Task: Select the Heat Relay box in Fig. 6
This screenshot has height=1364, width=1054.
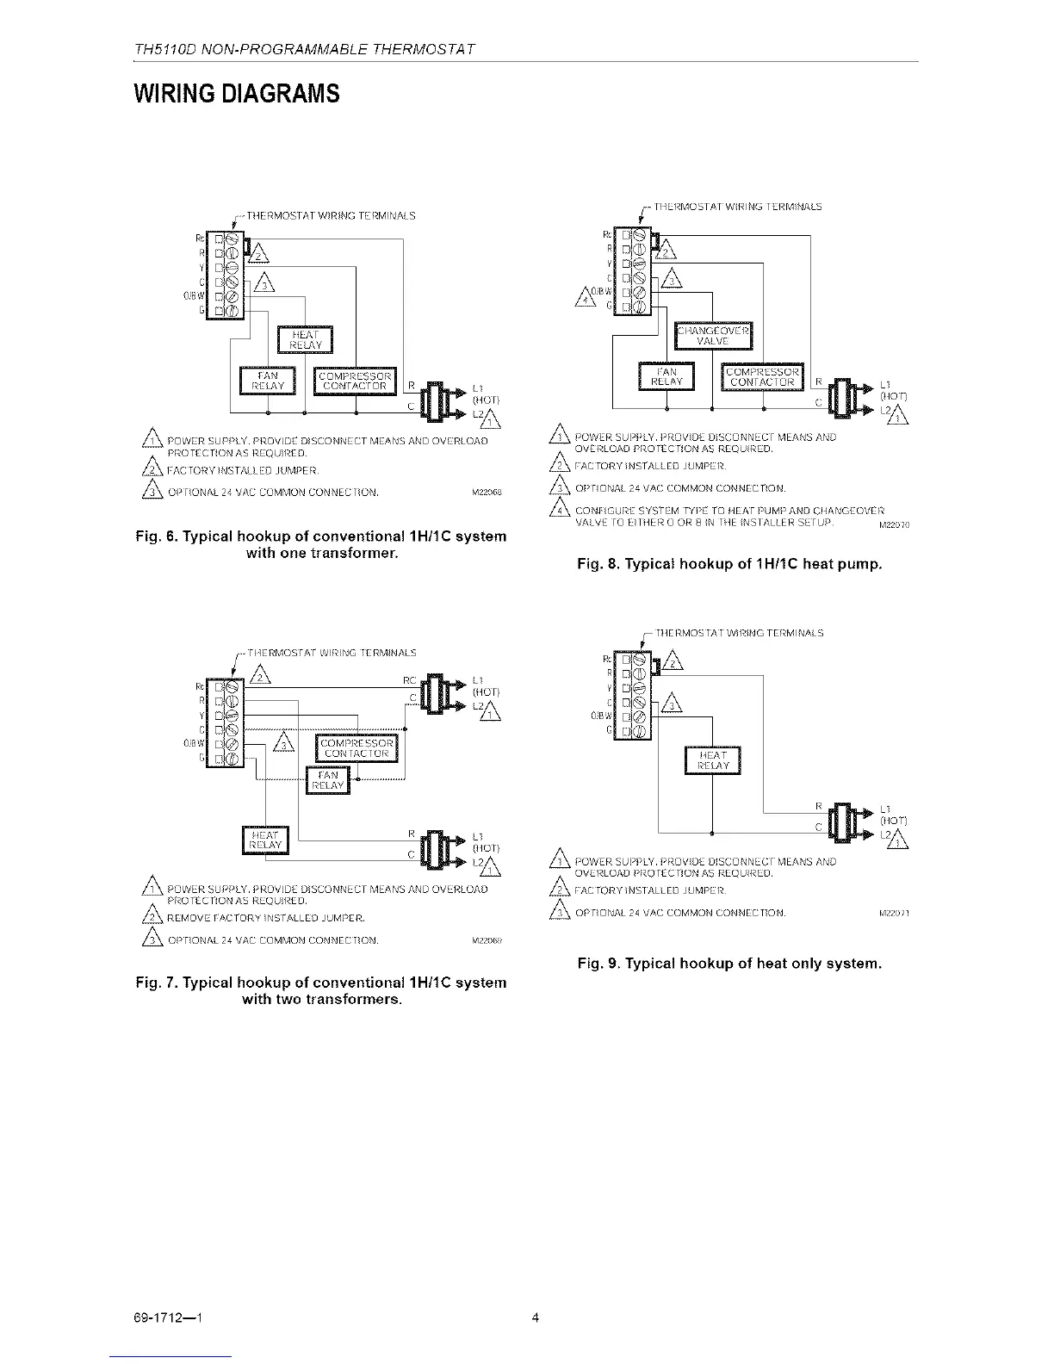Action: click(306, 340)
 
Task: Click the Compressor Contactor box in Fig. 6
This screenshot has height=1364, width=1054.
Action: click(356, 381)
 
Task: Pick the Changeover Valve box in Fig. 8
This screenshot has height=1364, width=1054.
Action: click(713, 336)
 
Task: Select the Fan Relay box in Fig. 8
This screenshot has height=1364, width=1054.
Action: click(667, 376)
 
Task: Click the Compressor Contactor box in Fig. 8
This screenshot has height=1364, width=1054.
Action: click(761, 376)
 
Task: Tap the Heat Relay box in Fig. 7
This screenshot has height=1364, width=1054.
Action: click(265, 840)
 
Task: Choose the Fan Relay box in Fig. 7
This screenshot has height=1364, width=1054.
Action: click(329, 780)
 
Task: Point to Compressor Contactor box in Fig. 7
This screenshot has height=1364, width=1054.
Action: click(356, 748)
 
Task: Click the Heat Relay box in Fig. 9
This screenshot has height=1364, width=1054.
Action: click(712, 760)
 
